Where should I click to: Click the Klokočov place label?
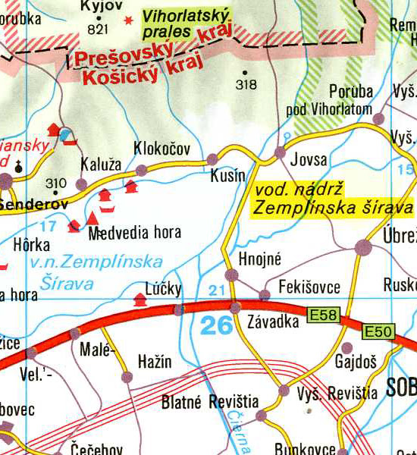point(161,148)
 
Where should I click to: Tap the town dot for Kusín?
point(212,159)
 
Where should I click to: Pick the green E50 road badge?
point(378,331)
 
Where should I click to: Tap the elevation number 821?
point(99,30)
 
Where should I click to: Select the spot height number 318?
point(246,84)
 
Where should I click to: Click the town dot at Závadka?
point(236,307)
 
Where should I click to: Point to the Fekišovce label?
point(309,287)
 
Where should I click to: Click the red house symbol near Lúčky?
point(140,300)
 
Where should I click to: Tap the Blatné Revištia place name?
point(210,402)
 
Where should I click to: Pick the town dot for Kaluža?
point(81,184)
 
